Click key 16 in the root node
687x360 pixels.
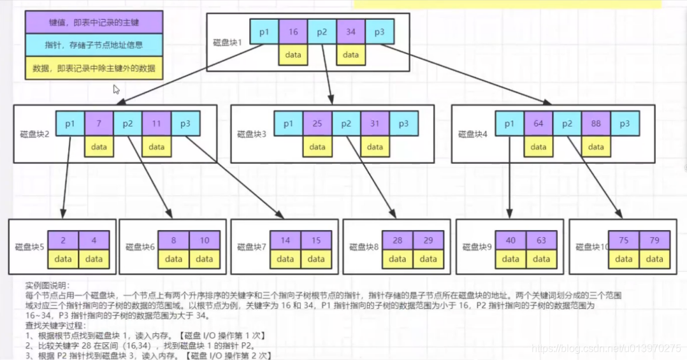(x=293, y=32)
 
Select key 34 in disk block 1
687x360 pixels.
(x=351, y=32)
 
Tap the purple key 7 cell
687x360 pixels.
(x=99, y=124)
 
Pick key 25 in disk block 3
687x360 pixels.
(x=317, y=124)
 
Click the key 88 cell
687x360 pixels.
(x=596, y=124)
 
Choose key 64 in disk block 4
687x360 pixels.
(x=539, y=124)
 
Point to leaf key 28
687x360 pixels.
(x=397, y=241)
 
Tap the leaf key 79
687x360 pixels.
(x=654, y=241)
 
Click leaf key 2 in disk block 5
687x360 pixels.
(x=63, y=241)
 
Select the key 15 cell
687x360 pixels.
(x=316, y=241)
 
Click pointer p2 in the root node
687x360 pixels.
(x=322, y=32)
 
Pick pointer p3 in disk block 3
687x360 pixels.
(x=403, y=124)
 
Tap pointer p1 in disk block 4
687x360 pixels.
(x=510, y=124)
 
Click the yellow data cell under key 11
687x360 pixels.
(x=157, y=147)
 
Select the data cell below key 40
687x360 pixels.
(x=510, y=259)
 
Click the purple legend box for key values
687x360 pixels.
(x=94, y=23)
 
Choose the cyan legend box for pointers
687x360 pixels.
(x=94, y=45)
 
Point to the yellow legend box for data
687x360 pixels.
(x=94, y=68)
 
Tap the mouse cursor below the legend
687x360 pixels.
(x=117, y=89)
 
